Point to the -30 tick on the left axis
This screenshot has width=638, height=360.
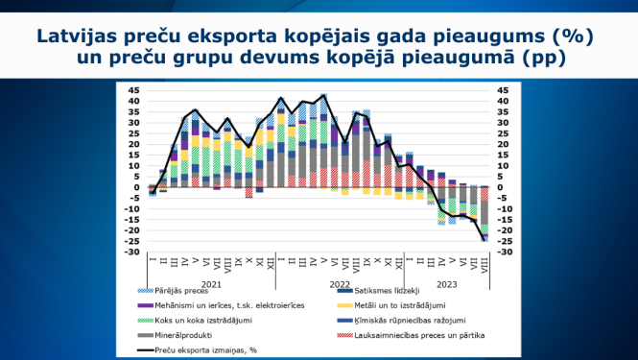click(133, 252)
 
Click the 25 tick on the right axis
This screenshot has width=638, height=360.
click(503, 133)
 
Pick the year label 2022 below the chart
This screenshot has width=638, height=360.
click(341, 284)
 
